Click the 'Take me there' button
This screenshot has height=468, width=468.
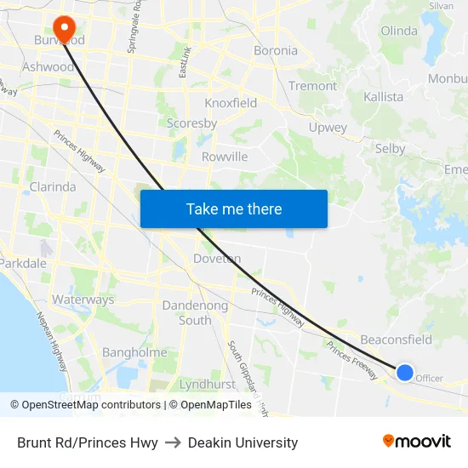click(x=234, y=208)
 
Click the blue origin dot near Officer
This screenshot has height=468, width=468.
click(x=405, y=372)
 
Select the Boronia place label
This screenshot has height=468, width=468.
click(x=276, y=50)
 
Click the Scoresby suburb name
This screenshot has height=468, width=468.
click(x=191, y=123)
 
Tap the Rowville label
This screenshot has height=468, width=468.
click(x=225, y=157)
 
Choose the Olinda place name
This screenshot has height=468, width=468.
click(x=399, y=31)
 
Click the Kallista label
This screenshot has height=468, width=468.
click(x=383, y=96)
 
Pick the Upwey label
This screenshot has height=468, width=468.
click(x=328, y=128)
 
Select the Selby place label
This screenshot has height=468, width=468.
click(x=391, y=149)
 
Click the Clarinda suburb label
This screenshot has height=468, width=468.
click(x=53, y=186)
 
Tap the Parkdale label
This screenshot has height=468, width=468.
click(x=23, y=263)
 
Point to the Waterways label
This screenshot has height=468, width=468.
click(x=83, y=300)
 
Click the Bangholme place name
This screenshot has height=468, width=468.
click(x=134, y=352)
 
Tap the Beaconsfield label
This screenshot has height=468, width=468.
click(x=396, y=340)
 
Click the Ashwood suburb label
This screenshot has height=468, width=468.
click(x=48, y=66)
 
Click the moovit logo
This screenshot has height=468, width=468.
click(x=416, y=442)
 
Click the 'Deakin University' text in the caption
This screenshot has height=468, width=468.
click(x=243, y=442)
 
